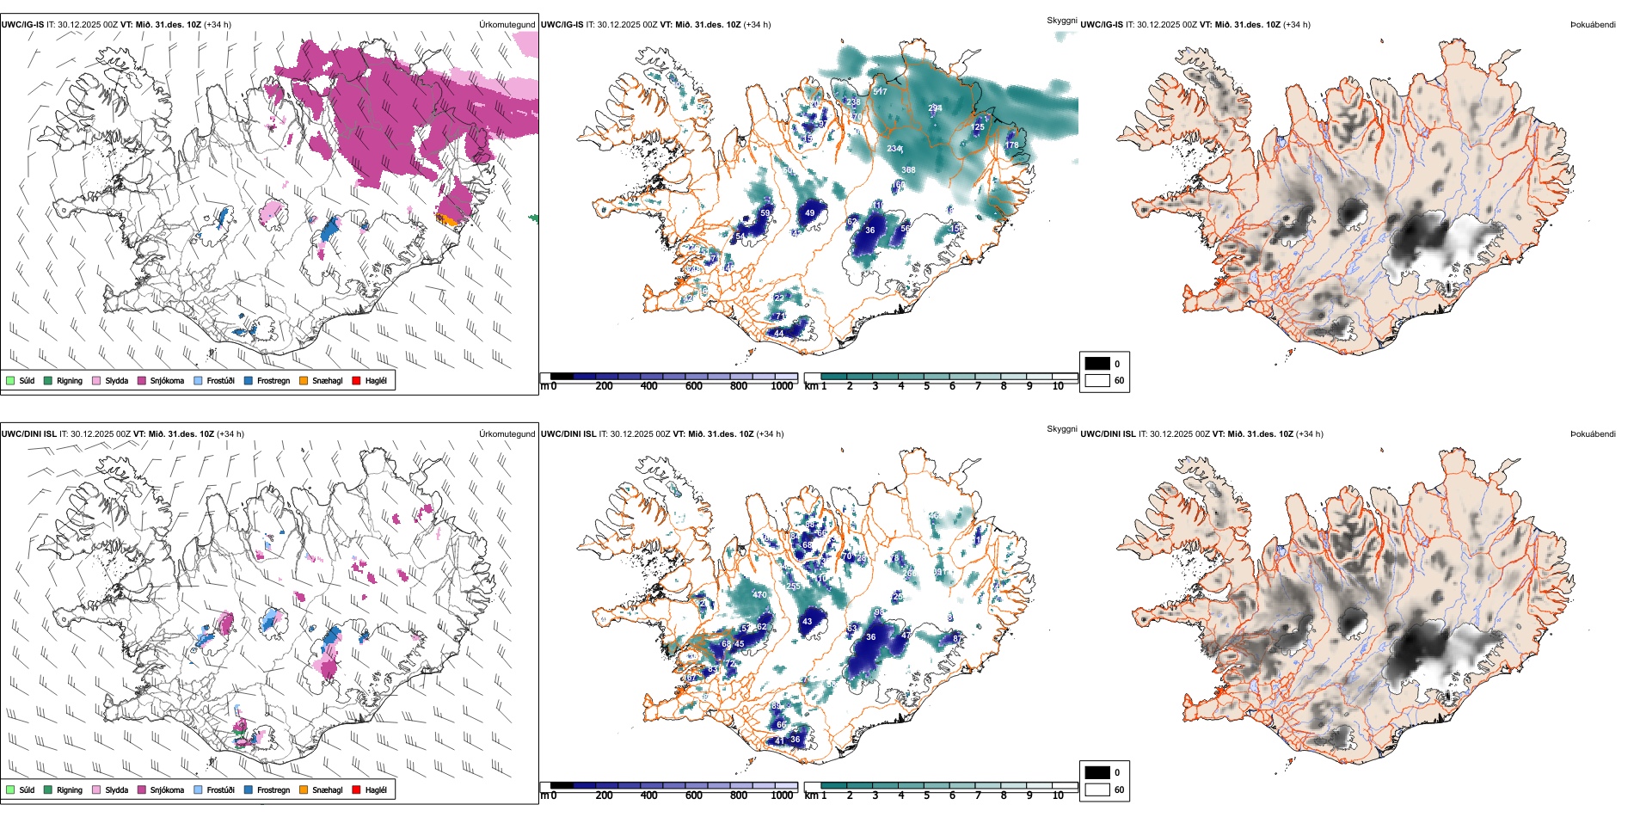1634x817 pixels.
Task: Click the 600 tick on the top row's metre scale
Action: (693, 386)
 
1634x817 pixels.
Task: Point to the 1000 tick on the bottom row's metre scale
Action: (782, 795)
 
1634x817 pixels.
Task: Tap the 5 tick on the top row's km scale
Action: (926, 386)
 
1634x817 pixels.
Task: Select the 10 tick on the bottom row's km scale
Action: (1058, 795)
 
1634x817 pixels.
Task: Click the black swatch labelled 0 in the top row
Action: (1097, 364)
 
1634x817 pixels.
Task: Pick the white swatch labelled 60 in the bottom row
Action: (1097, 789)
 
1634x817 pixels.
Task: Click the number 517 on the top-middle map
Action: (880, 91)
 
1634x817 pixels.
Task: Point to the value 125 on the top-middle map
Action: (977, 127)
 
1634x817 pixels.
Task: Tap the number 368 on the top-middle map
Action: (908, 170)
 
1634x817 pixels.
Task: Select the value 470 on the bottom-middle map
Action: (759, 595)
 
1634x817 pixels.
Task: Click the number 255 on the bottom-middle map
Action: (793, 587)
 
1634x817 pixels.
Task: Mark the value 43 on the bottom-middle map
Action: (807, 621)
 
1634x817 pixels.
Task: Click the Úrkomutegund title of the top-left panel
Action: (507, 25)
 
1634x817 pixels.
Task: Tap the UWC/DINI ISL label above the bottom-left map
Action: (28, 434)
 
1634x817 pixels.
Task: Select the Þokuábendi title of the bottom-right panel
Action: (1593, 434)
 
